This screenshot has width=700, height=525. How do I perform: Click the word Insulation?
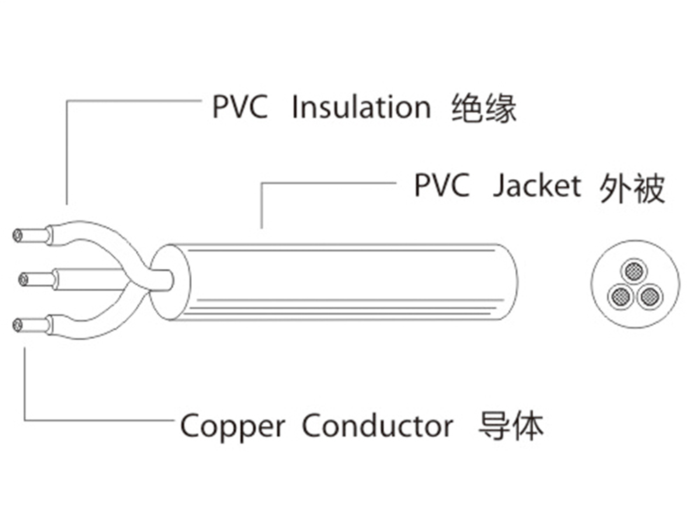click(x=360, y=108)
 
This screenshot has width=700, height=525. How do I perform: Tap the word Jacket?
click(x=536, y=186)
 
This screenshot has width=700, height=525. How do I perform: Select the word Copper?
click(x=232, y=425)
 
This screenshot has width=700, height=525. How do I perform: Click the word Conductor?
click(x=377, y=425)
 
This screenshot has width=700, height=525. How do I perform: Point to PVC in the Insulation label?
click(x=239, y=108)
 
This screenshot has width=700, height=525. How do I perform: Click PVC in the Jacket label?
click(x=441, y=186)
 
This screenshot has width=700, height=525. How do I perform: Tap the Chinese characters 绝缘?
click(x=482, y=109)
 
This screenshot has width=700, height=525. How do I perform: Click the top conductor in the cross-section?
click(x=635, y=271)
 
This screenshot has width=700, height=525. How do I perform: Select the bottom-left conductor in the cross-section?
click(x=619, y=297)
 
